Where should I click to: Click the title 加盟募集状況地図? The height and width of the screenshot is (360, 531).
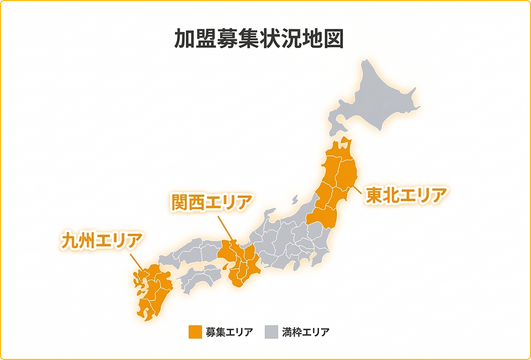click(259, 39)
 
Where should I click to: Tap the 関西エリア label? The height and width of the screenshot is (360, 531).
click(211, 202)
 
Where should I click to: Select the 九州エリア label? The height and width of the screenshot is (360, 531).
click(101, 241)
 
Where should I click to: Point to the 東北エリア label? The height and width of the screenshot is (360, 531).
click(405, 195)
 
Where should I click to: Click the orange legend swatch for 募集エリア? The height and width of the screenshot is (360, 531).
click(195, 332)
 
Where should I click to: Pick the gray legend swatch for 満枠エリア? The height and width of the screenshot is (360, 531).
click(270, 332)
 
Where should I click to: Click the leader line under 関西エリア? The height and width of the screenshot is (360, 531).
click(227, 228)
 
